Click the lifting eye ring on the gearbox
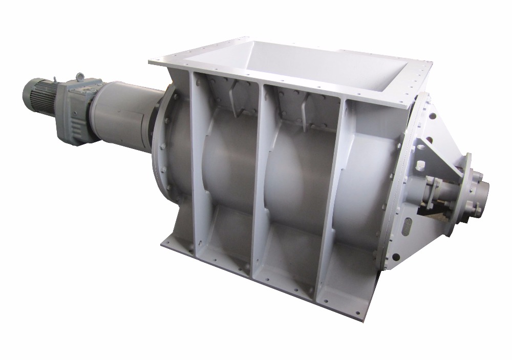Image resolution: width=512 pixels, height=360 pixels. tap(80, 77)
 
